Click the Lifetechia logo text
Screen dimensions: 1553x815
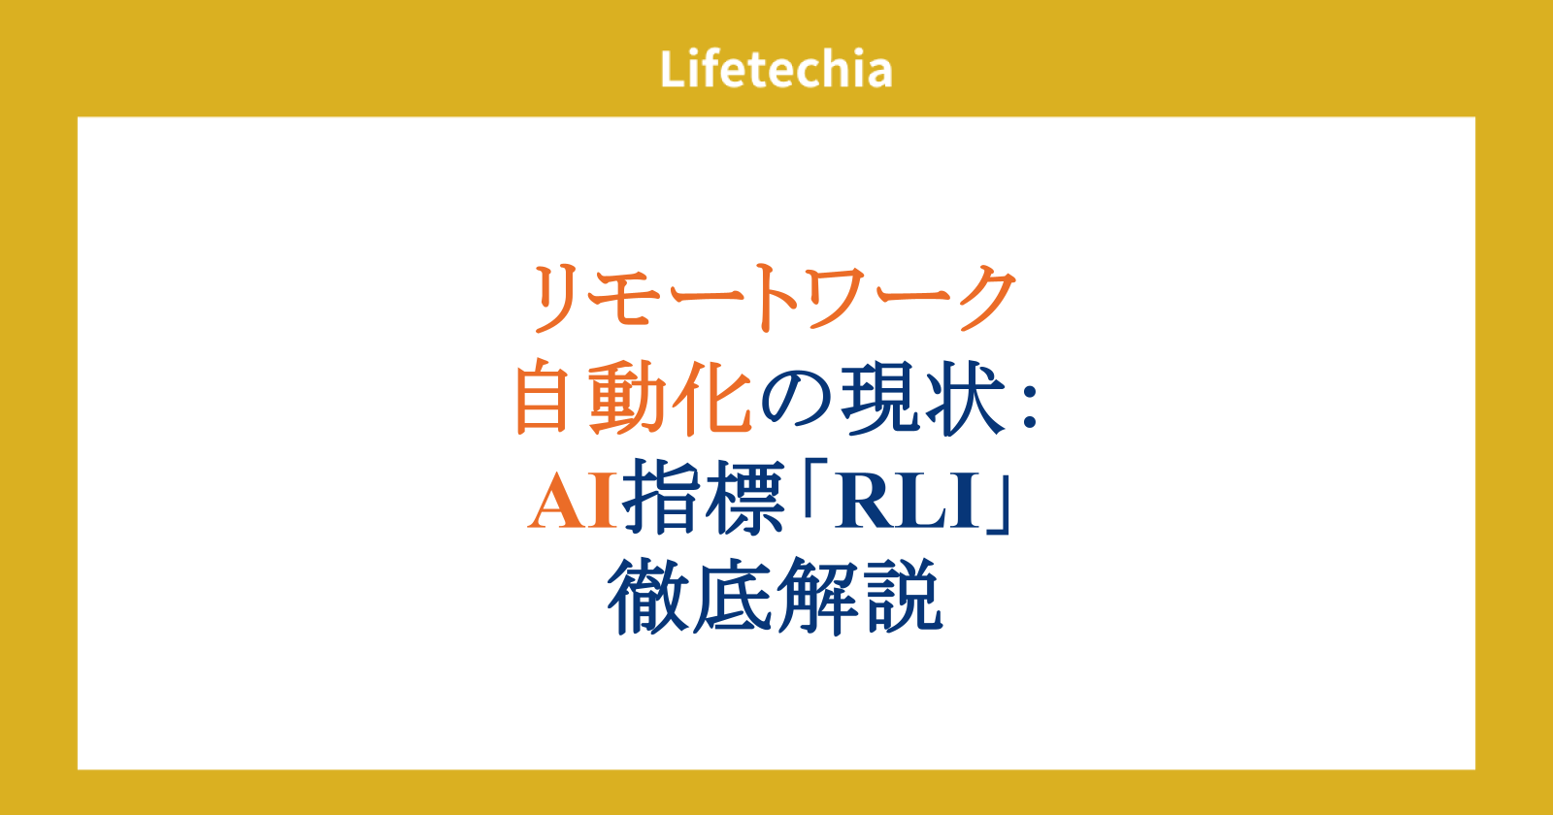click(776, 69)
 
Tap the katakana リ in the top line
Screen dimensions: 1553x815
click(557, 299)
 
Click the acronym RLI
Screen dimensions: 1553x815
click(909, 501)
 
